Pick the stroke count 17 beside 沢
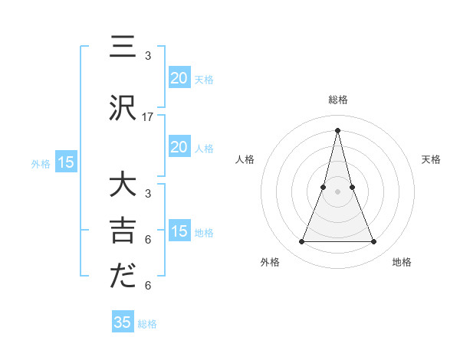click(148, 117)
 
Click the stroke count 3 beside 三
click(148, 56)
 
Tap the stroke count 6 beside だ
click(148, 286)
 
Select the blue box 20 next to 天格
click(179, 78)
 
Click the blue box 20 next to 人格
click(179, 147)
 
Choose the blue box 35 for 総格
click(123, 322)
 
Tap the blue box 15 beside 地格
click(179, 231)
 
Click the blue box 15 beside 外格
click(66, 162)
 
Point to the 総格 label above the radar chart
click(337, 100)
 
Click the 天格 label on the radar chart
click(431, 159)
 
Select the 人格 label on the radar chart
click(245, 159)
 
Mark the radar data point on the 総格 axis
click(337, 129)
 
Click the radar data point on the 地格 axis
click(374, 242)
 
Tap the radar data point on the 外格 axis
click(301, 242)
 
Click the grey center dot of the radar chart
click(337, 191)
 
